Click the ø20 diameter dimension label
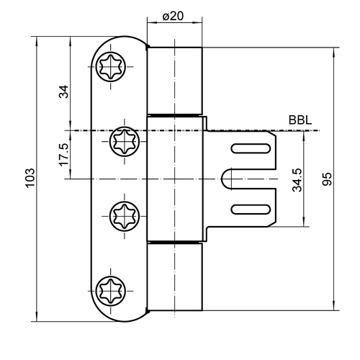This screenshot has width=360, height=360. pyautogui.click(x=173, y=17)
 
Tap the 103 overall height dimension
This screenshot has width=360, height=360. pyautogui.click(x=30, y=178)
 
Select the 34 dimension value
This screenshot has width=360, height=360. pyautogui.click(x=64, y=91)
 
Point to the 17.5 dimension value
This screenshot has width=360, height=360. pyautogui.click(x=64, y=155)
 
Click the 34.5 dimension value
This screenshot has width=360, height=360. pyautogui.click(x=297, y=180)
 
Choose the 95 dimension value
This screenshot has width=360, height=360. pyautogui.click(x=327, y=179)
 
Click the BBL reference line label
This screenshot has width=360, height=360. pyautogui.click(x=300, y=120)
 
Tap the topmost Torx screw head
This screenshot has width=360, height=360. pyautogui.click(x=111, y=66)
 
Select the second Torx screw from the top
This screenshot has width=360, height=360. pyautogui.click(x=125, y=142)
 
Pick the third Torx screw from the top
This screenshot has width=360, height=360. pyautogui.click(x=125, y=216)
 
